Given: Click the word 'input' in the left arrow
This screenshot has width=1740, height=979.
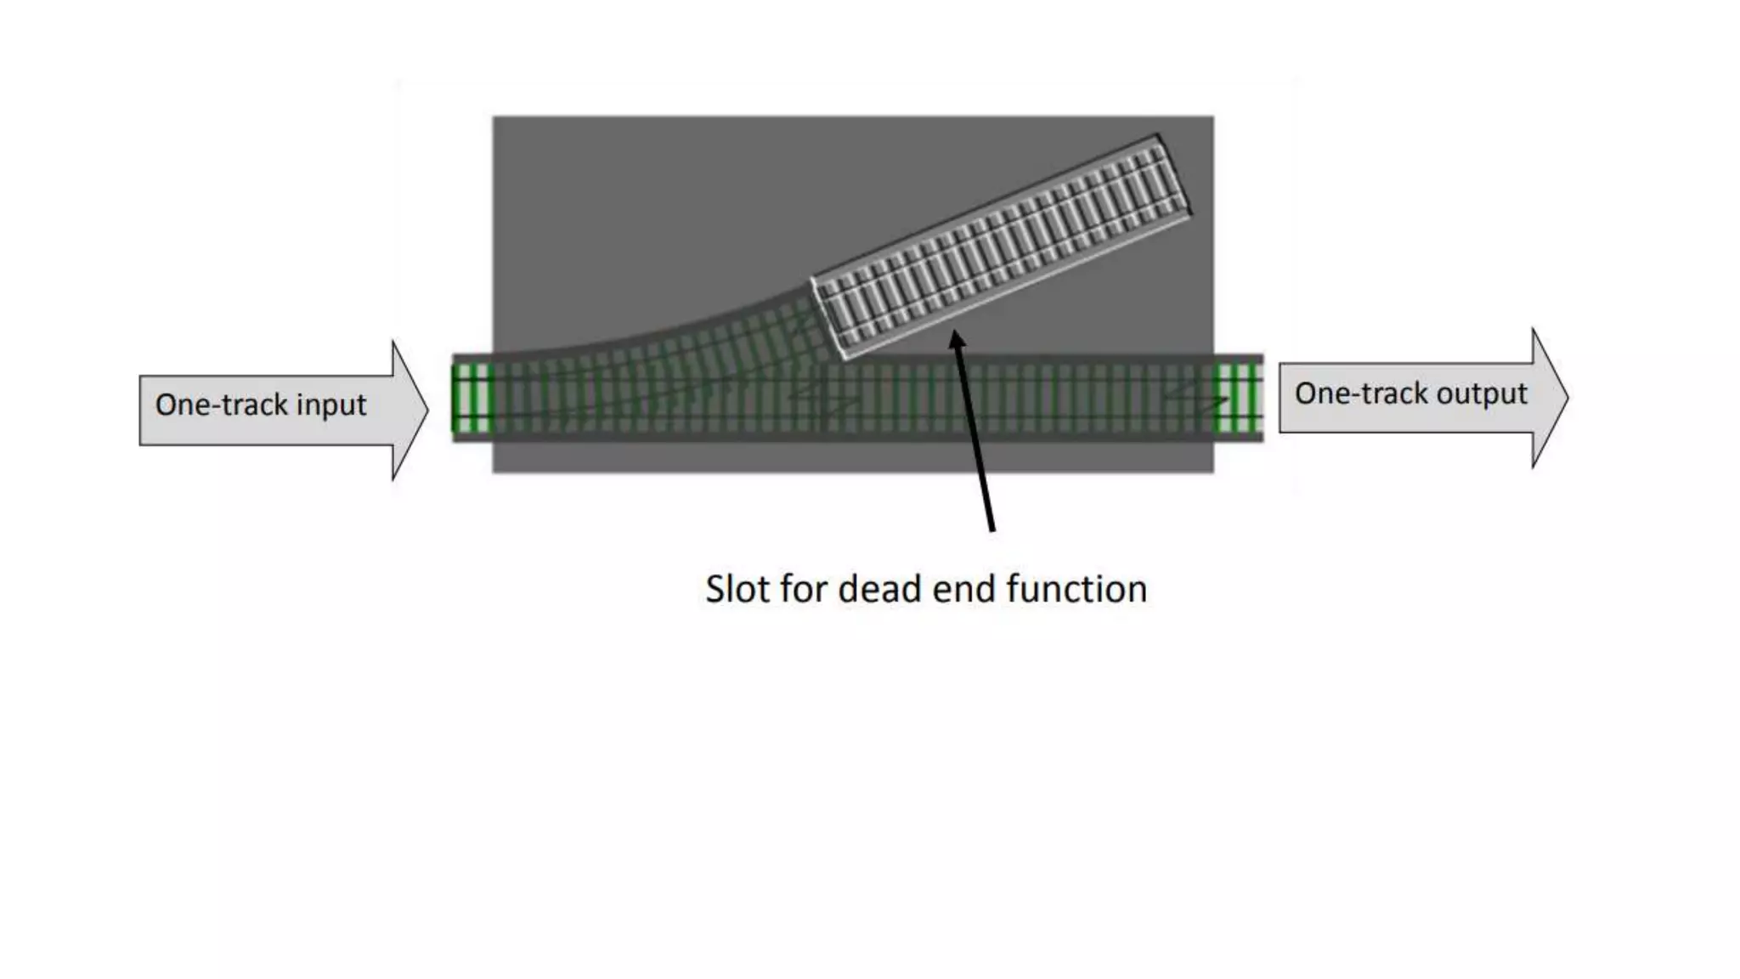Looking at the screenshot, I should coord(331,405).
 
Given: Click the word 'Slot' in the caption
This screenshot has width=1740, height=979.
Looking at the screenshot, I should coord(736,589).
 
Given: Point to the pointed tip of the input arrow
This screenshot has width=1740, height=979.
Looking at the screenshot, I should coord(427,410).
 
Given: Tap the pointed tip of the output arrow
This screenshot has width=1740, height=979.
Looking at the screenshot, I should coord(1568,397).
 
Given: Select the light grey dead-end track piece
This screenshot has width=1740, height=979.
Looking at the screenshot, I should coord(1003,246).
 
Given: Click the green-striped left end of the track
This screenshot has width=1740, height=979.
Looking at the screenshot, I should coord(472,398).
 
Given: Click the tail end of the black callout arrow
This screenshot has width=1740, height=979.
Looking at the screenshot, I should coord(991,529).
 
